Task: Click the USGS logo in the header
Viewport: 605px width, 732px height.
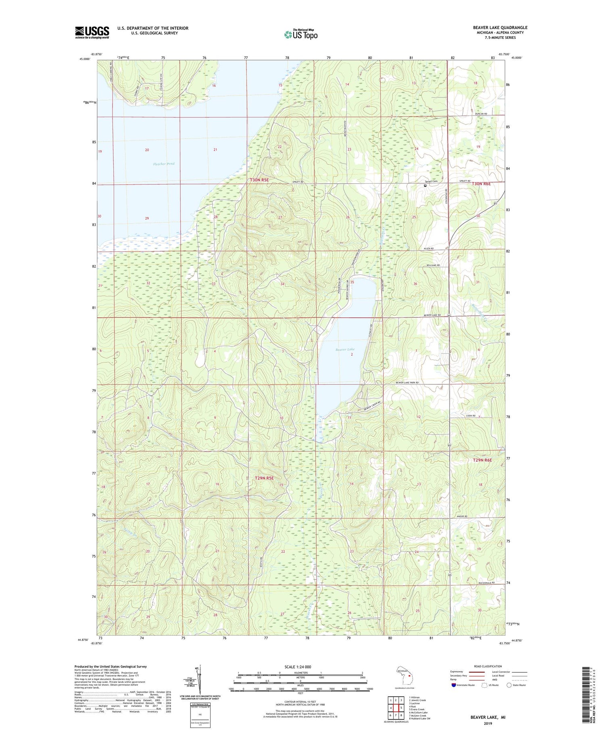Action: click(x=92, y=32)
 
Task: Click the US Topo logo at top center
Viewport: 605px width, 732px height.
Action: click(x=300, y=34)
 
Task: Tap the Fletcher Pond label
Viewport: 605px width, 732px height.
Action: click(x=164, y=164)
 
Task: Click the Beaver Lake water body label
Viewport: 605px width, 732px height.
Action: click(x=345, y=349)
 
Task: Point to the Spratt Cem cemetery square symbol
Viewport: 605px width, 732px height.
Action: click(x=425, y=186)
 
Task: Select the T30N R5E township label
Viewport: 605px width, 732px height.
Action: click(x=259, y=180)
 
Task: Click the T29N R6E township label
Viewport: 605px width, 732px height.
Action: click(x=482, y=460)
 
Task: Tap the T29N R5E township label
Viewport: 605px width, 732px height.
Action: click(x=264, y=478)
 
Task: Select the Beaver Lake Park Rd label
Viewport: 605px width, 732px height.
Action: click(x=407, y=382)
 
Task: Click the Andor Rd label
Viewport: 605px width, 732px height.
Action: click(x=462, y=516)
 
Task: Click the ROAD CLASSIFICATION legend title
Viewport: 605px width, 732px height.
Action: click(x=488, y=666)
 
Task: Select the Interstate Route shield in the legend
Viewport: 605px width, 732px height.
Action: click(x=454, y=685)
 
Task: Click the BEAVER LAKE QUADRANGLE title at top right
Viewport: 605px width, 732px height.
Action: click(x=500, y=27)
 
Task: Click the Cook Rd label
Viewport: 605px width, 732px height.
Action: click(x=471, y=415)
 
